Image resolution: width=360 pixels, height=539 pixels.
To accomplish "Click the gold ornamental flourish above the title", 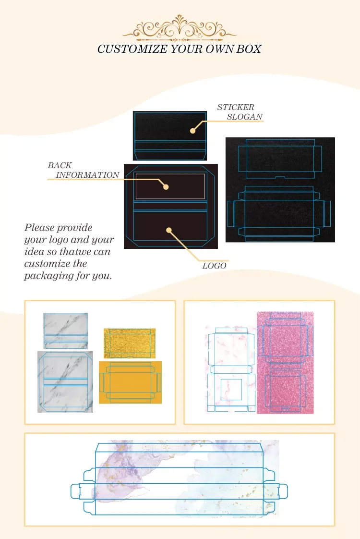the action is coord(180,29).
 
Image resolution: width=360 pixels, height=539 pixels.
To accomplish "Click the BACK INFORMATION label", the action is coord(84,170).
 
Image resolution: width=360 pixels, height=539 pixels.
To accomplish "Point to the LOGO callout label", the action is coord(214,266).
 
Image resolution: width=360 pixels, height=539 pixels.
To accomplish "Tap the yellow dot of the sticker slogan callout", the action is coord(192,131).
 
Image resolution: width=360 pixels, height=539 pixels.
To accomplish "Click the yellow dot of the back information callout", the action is coord(166,187).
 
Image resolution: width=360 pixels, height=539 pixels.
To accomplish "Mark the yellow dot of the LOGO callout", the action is coord(169,230).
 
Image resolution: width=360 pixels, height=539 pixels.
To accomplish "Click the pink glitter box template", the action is coord(285,363).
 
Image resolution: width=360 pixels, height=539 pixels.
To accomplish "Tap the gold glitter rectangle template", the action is coord(130,343).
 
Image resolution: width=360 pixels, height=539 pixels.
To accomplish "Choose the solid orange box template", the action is coord(130,382).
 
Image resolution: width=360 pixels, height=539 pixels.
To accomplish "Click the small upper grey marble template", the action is coord(66,331).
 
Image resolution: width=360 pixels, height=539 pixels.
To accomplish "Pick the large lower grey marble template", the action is coord(65,381).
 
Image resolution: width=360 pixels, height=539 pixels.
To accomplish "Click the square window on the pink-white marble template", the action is coord(231,389).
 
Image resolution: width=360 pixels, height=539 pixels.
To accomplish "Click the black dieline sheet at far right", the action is coord(280,190).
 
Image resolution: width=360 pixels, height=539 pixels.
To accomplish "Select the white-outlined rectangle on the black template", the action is coord(170,186).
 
